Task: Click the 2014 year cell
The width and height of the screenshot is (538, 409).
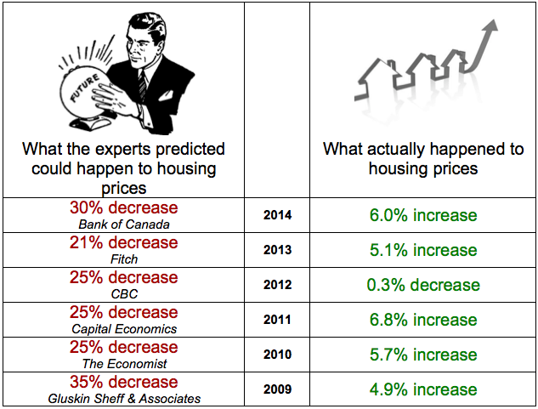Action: coord(277,215)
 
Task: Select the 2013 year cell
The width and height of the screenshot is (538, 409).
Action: coord(277,250)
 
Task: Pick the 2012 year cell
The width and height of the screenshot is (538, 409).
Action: coord(277,285)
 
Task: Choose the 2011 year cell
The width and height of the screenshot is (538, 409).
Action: coord(277,320)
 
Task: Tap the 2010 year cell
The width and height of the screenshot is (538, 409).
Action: coord(277,355)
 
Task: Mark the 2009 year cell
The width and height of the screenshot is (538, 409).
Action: coord(277,389)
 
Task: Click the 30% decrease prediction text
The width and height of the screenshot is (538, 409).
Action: coord(123,208)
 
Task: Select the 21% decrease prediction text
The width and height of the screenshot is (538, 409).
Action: coord(123,243)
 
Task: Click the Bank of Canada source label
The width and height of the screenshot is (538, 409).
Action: coord(123,224)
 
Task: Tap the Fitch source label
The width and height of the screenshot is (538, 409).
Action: coord(123,259)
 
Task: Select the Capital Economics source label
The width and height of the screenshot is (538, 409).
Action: coord(123,329)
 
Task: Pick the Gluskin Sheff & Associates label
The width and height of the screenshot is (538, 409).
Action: coord(123,399)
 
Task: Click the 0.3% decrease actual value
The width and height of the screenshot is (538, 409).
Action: coord(422,285)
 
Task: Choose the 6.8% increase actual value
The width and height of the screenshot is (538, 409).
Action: coord(422,320)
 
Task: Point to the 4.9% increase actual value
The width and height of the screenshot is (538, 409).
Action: coord(422,389)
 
